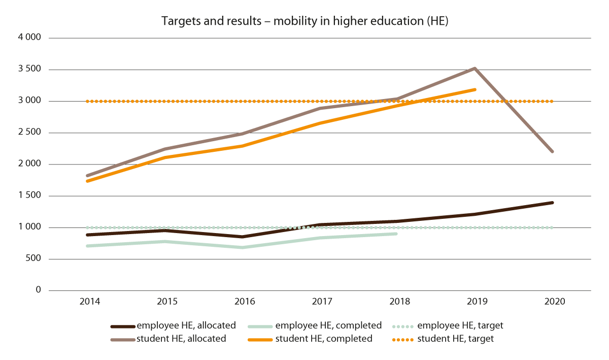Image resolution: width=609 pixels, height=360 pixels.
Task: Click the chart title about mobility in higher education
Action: pos(304,21)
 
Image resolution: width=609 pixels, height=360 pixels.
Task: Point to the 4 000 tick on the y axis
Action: pos(31,38)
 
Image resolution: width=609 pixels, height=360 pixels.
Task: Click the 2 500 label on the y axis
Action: pos(31,133)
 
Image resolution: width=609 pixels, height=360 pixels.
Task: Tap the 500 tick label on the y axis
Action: pos(35,259)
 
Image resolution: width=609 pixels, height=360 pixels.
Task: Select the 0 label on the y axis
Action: pos(38,290)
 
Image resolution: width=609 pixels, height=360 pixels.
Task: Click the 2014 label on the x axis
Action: pos(89,301)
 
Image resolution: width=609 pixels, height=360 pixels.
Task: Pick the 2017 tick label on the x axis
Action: pos(322,301)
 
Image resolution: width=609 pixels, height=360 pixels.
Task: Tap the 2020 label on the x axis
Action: pos(554,301)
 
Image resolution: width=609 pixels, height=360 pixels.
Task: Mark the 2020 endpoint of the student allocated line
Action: pos(552,151)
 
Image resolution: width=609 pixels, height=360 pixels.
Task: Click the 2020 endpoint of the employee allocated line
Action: pos(552,203)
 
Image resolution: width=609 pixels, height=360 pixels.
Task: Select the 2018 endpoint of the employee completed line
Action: pos(396,234)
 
